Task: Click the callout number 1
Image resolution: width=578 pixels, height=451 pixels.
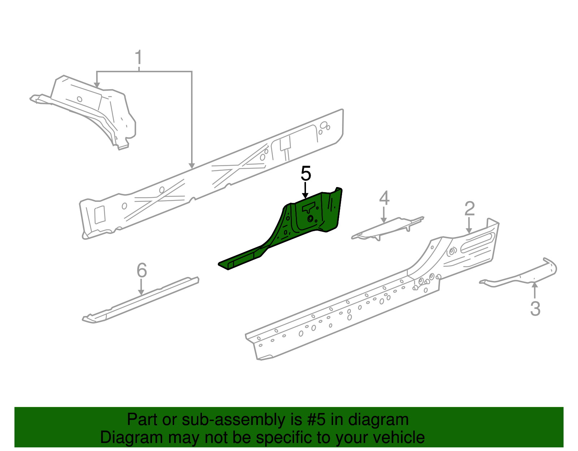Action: click(138, 58)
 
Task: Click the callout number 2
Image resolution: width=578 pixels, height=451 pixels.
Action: click(469, 209)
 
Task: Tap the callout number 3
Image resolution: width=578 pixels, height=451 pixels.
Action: click(535, 309)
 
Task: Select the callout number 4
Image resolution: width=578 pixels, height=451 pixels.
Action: click(384, 198)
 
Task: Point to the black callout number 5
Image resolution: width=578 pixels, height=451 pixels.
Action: click(306, 174)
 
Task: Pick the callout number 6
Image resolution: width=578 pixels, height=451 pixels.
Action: click(142, 270)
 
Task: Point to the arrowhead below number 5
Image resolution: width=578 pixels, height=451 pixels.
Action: click(306, 196)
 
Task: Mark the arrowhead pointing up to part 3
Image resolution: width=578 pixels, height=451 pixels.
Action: click(535, 285)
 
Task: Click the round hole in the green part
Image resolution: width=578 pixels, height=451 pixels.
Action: click(310, 218)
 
